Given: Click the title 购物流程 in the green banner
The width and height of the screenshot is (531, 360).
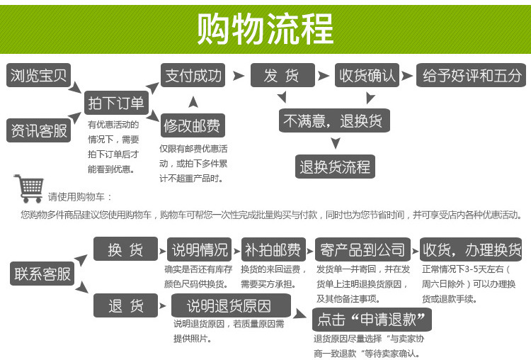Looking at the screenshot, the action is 265,28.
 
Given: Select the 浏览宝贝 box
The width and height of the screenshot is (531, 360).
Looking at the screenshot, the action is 38,75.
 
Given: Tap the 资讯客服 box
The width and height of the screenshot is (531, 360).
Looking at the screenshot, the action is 39,131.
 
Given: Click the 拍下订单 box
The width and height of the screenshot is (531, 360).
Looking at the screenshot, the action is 115,103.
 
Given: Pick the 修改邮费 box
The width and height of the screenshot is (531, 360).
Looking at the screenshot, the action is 192,126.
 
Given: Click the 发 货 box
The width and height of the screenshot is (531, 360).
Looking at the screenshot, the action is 281,75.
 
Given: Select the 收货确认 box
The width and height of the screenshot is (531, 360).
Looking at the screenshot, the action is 366,75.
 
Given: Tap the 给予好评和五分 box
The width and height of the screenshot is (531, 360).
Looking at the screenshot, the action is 471,75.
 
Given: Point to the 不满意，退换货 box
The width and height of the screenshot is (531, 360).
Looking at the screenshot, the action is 332,120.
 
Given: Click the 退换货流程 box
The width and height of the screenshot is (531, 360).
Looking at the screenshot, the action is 335,167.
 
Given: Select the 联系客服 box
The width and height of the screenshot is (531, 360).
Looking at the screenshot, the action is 42,274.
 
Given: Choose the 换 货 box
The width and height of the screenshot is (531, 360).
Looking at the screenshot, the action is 125,249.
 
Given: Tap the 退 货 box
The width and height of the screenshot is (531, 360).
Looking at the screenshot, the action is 125,306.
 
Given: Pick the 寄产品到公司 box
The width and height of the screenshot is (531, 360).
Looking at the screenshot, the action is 362,249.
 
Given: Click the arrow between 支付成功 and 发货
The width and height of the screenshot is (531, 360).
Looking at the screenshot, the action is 238,75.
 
